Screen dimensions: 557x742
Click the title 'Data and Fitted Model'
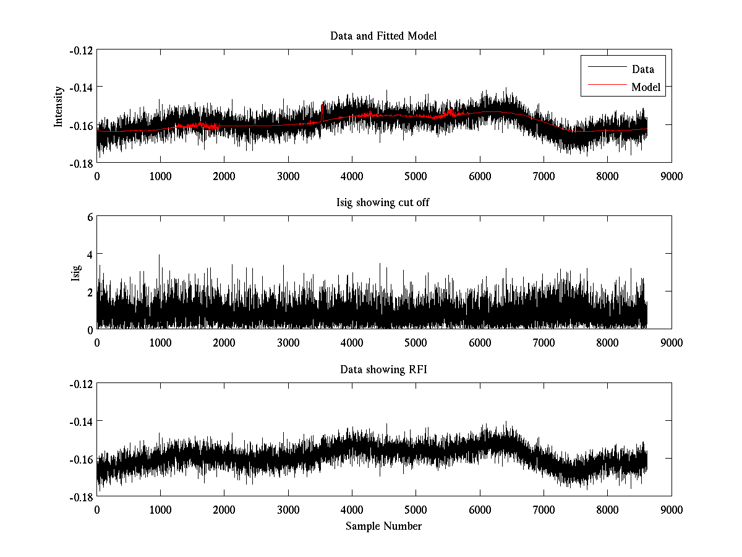coord(383,36)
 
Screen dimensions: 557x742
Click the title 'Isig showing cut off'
coord(383,203)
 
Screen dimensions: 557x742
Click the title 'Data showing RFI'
coord(383,369)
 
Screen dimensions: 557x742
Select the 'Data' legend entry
coord(642,69)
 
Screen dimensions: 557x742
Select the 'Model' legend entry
coord(646,87)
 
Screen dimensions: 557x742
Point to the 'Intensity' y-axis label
coord(59,106)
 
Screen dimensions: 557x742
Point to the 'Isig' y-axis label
coord(76,273)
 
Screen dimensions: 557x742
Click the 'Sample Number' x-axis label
coord(383,526)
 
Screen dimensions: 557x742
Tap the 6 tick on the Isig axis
coord(90,217)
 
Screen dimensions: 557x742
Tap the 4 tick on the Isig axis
coord(90,254)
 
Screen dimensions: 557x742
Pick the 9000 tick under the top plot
coord(672,176)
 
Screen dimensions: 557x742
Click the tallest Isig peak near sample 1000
coord(160,256)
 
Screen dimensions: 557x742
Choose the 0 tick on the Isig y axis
coord(90,329)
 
